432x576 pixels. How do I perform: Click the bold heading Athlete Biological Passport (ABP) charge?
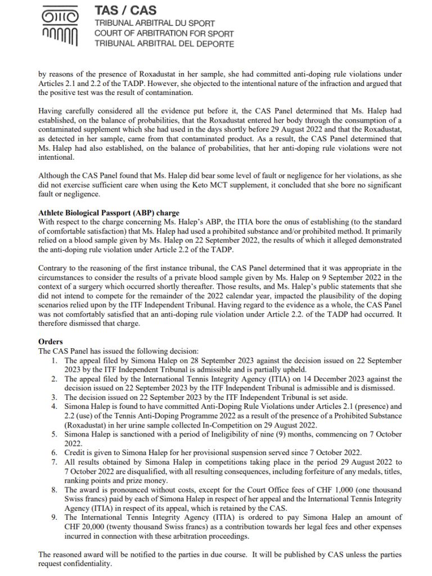coord(109,213)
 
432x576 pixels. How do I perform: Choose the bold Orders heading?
coord(51,341)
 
